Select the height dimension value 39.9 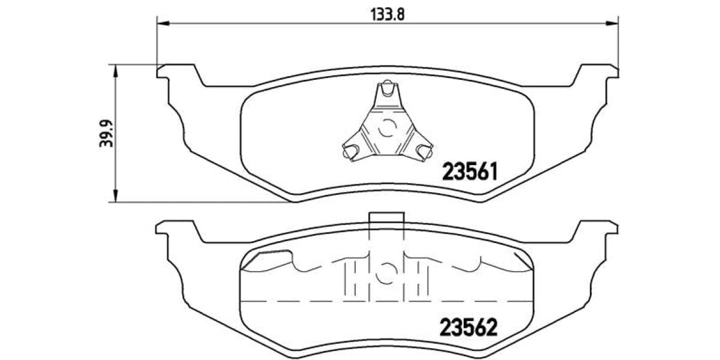point(103,133)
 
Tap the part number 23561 point(470,172)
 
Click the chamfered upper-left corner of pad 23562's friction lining point(252,259)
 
